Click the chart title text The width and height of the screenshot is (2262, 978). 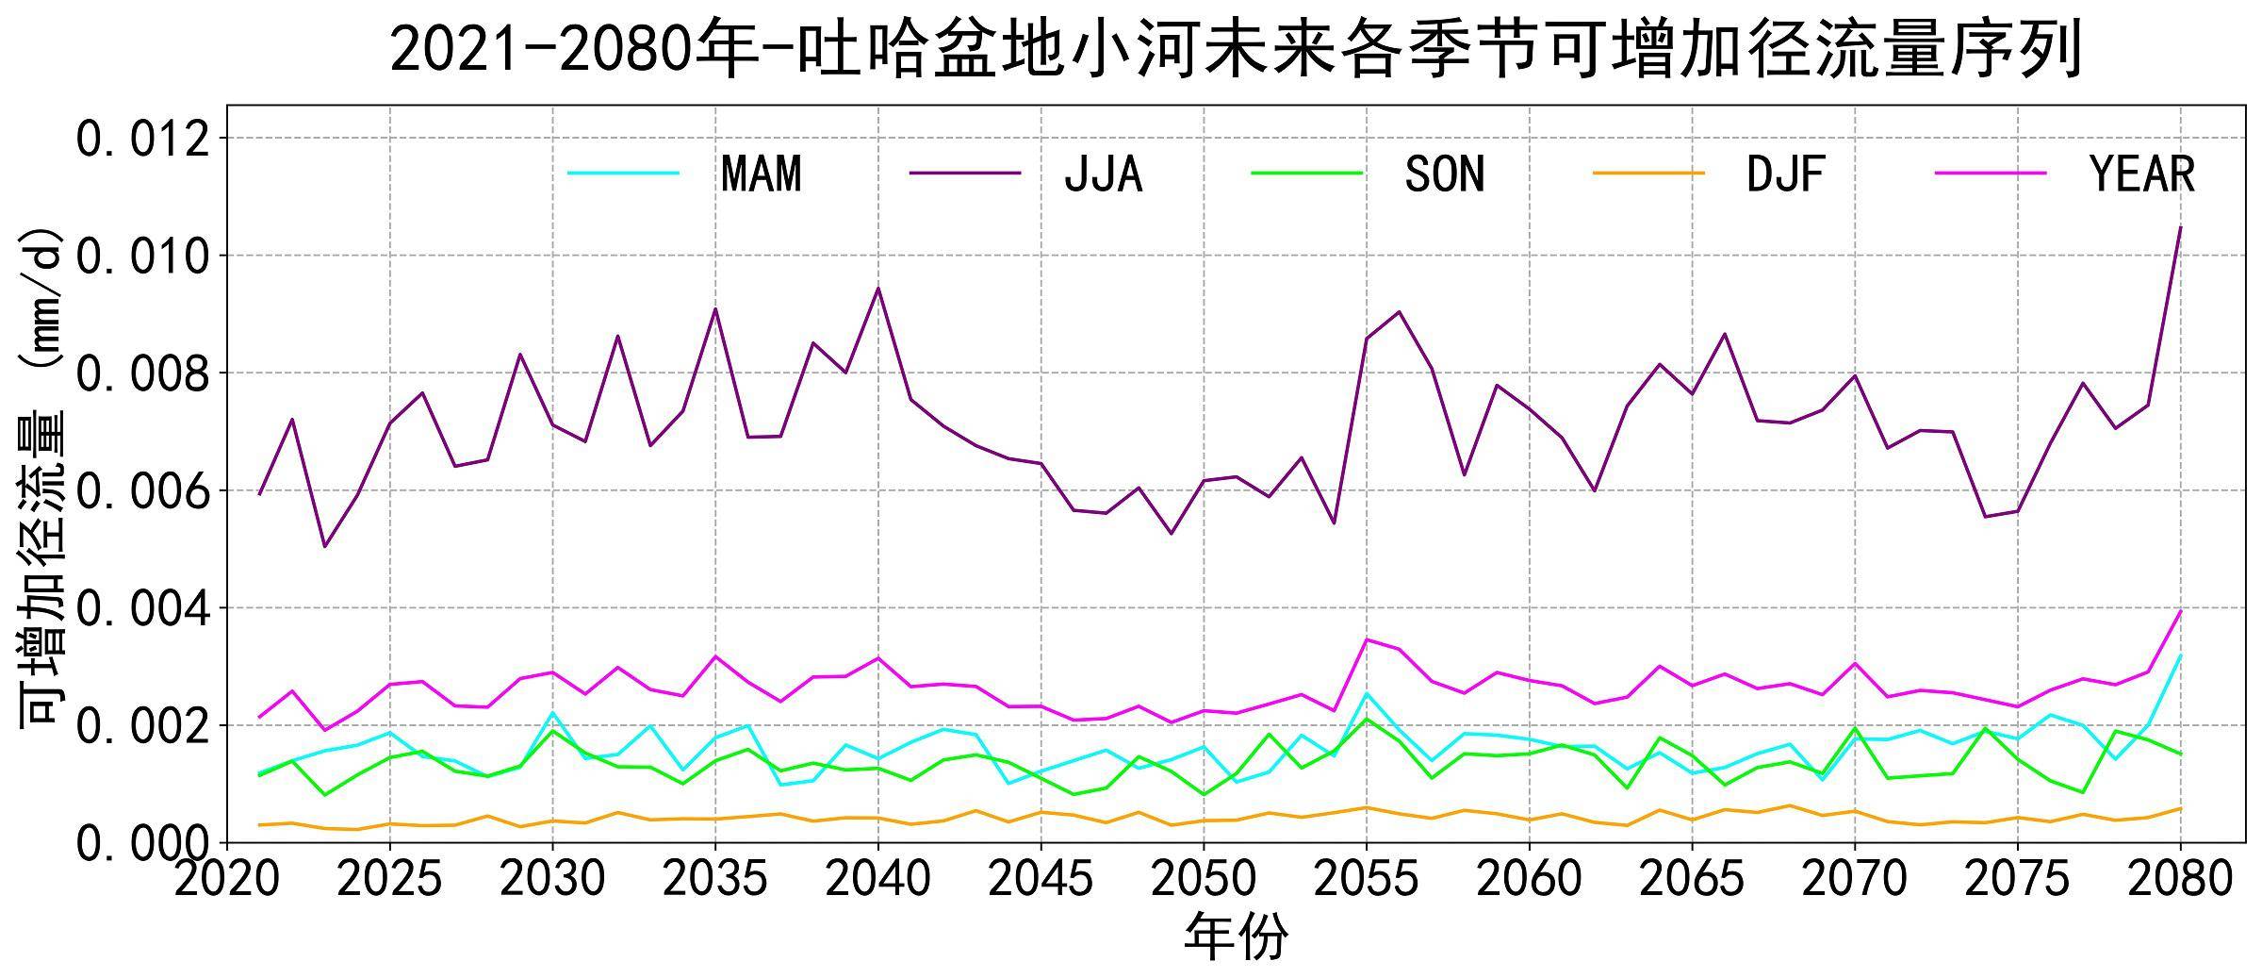[x=1235, y=49]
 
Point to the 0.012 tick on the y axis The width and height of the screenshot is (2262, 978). [x=141, y=140]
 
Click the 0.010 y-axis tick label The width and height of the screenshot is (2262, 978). [x=141, y=257]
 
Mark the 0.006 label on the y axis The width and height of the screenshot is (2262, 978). [x=141, y=491]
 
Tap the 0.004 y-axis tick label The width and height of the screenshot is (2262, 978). [x=141, y=609]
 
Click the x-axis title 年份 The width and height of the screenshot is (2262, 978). [x=1235, y=937]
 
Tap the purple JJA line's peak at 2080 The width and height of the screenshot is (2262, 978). [x=2180, y=227]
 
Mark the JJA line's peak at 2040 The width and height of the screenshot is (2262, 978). [x=878, y=288]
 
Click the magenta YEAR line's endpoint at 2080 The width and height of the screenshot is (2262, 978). [x=2180, y=611]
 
